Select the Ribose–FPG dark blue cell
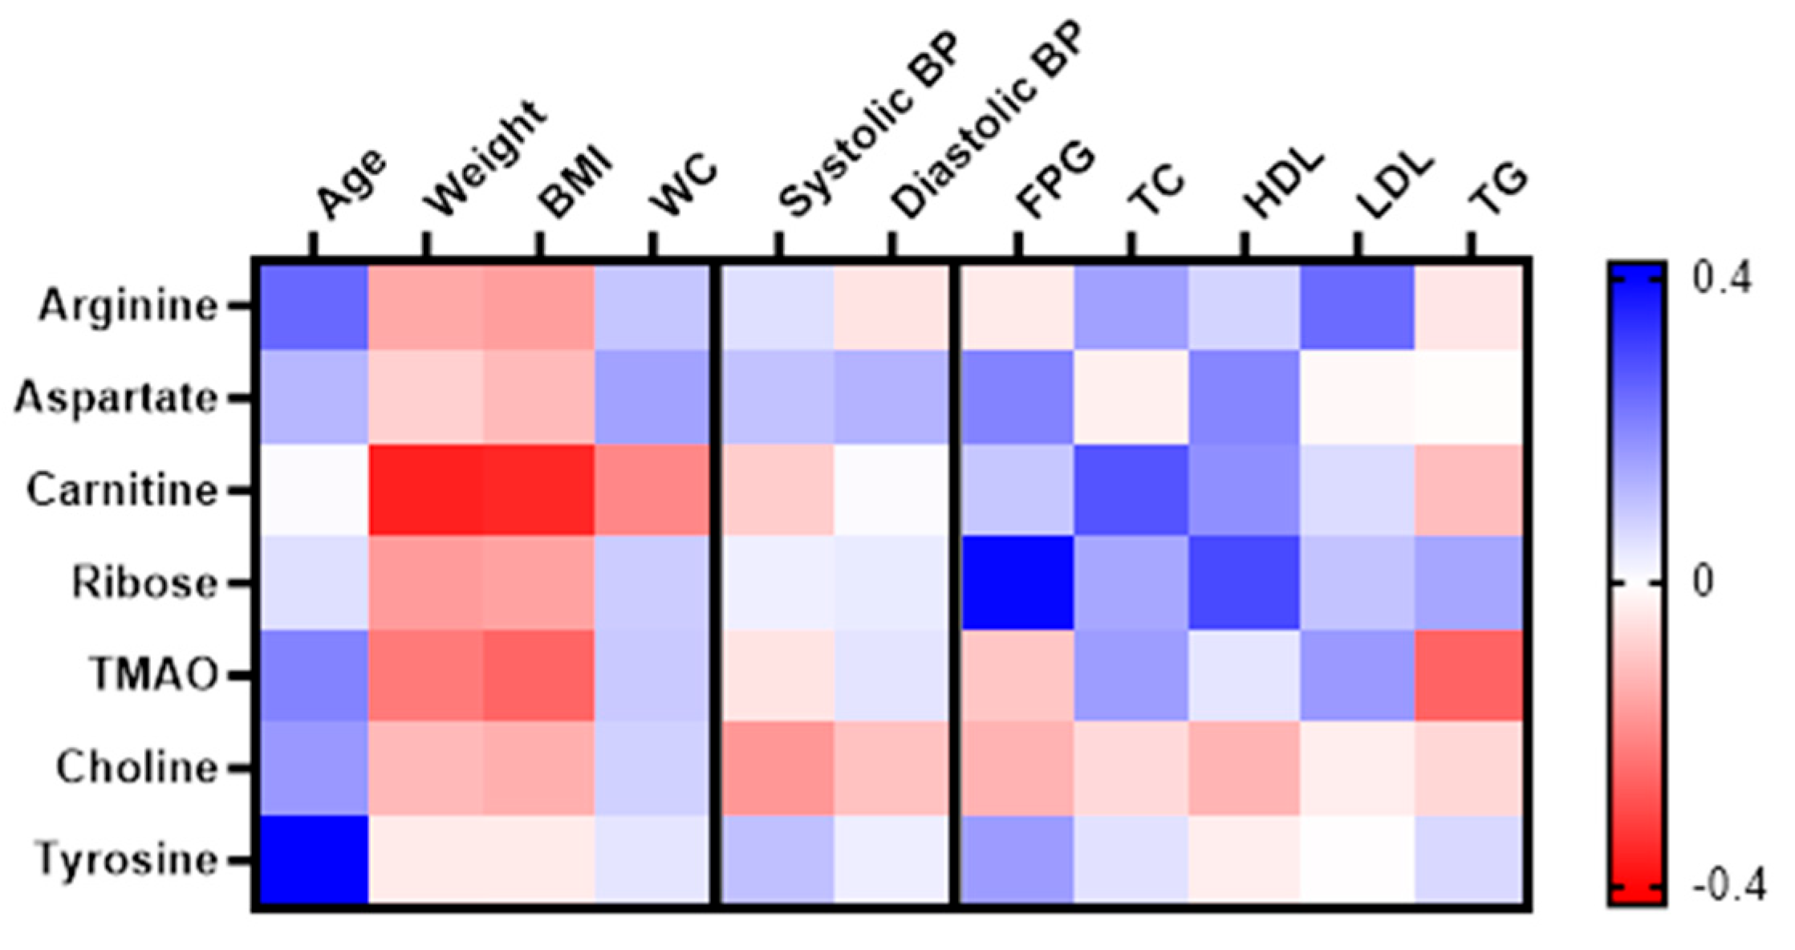(x=1017, y=583)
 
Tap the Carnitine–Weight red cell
(x=425, y=489)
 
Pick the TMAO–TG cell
(x=1470, y=676)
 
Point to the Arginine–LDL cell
(x=1357, y=306)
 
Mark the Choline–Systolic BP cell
(x=778, y=768)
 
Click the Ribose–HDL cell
(x=1244, y=583)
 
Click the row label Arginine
(x=128, y=306)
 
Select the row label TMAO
(x=154, y=674)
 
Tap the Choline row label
(x=137, y=768)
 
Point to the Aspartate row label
(x=116, y=398)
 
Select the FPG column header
(x=1055, y=180)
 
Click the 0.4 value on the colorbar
(x=1722, y=280)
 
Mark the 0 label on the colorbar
(x=1703, y=583)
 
